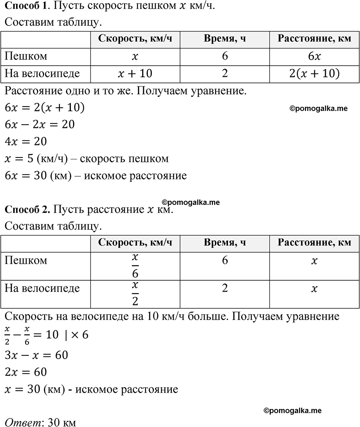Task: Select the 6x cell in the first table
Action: point(314,56)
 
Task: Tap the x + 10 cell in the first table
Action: point(135,73)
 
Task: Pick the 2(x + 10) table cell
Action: point(314,73)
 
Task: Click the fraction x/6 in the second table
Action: point(135,265)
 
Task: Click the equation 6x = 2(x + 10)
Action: point(45,108)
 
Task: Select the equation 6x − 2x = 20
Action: point(40,124)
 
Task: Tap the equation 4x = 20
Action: point(26,141)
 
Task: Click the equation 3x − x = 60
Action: point(36,355)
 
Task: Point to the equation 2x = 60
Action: point(26,372)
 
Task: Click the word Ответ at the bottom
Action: point(22,422)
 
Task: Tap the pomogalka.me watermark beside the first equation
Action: point(318,108)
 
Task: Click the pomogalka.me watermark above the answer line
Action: point(292,411)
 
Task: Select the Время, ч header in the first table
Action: point(225,39)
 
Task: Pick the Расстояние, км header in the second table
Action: point(314,242)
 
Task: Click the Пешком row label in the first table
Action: point(26,56)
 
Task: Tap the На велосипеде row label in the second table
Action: point(42,288)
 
